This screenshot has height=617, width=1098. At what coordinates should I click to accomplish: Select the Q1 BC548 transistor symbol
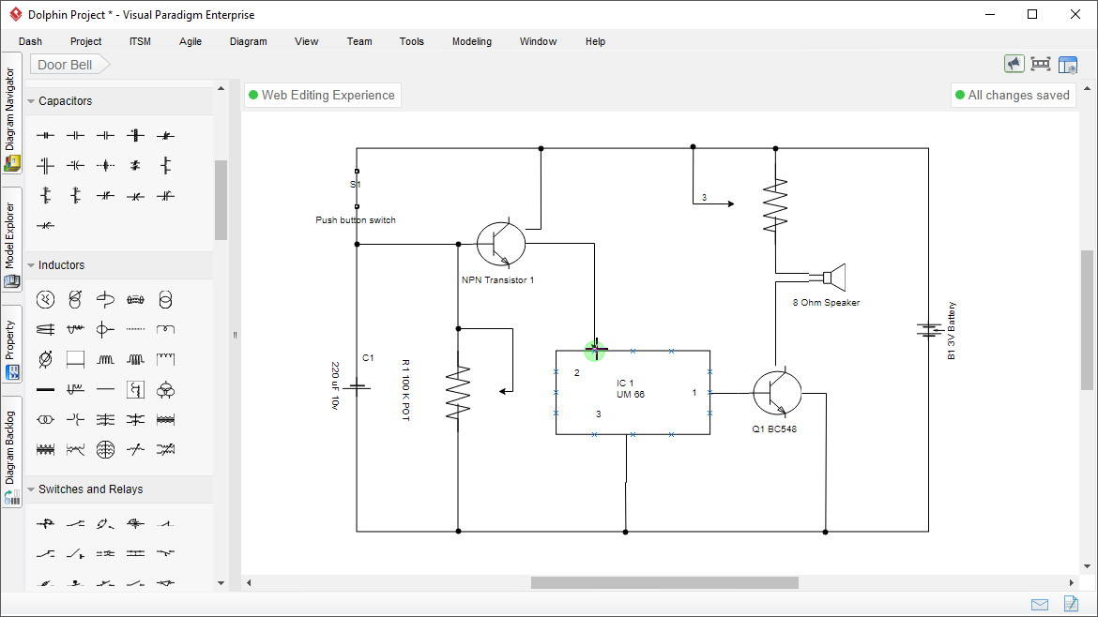coord(777,393)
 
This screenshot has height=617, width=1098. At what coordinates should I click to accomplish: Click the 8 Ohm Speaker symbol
coord(833,278)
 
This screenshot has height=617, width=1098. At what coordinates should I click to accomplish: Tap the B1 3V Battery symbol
coord(929,330)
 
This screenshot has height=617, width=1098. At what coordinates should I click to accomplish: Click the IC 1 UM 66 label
coord(631,389)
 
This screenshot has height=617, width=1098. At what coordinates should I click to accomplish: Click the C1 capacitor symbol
coord(358,386)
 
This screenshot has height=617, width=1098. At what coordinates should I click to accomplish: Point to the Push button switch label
coord(356,220)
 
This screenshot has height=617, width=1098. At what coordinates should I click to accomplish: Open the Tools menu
coord(411,41)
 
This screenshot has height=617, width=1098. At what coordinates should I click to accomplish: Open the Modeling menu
coord(471,41)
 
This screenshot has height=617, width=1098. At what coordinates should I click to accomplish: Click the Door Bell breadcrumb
coord(66,65)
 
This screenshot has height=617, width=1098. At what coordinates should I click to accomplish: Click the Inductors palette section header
coord(61,265)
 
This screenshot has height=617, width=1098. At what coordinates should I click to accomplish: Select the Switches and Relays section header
coord(90,489)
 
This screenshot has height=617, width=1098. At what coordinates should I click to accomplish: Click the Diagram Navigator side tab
coord(11,113)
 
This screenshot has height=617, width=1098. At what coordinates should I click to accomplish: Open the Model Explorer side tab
coord(11,239)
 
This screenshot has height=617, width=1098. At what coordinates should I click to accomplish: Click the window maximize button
coord(1032,14)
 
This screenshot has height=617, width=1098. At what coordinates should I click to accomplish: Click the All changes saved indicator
coord(1013,95)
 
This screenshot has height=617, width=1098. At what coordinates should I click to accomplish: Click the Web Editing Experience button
coord(322,95)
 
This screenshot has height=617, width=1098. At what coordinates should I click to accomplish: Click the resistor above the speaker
coord(775,206)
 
